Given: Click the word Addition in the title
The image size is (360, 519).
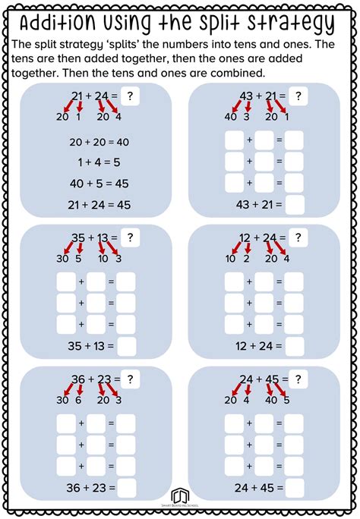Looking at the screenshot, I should coord(67,23).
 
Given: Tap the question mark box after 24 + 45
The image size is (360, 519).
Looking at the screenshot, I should coord(302,379).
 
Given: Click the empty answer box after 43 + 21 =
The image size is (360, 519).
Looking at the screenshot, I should coord(295,205).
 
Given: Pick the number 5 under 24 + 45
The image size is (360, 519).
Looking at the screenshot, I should coord(286,401).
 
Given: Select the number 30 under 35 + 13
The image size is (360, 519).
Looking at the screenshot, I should coord(62,259).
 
